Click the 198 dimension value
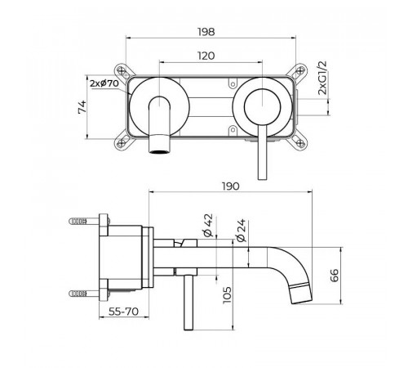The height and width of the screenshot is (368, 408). point(206,32)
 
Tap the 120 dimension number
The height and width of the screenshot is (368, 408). point(206,56)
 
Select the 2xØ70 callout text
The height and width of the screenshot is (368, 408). point(104,83)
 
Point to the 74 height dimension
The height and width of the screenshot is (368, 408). point(82,106)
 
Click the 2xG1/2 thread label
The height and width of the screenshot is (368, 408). point(322,78)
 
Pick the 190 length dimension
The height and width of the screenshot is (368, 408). point(231,186)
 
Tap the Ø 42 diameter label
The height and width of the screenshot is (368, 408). point(207,225)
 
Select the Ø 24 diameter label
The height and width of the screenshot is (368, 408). point(241,231)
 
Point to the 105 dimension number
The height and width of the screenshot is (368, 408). point(227,295)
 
